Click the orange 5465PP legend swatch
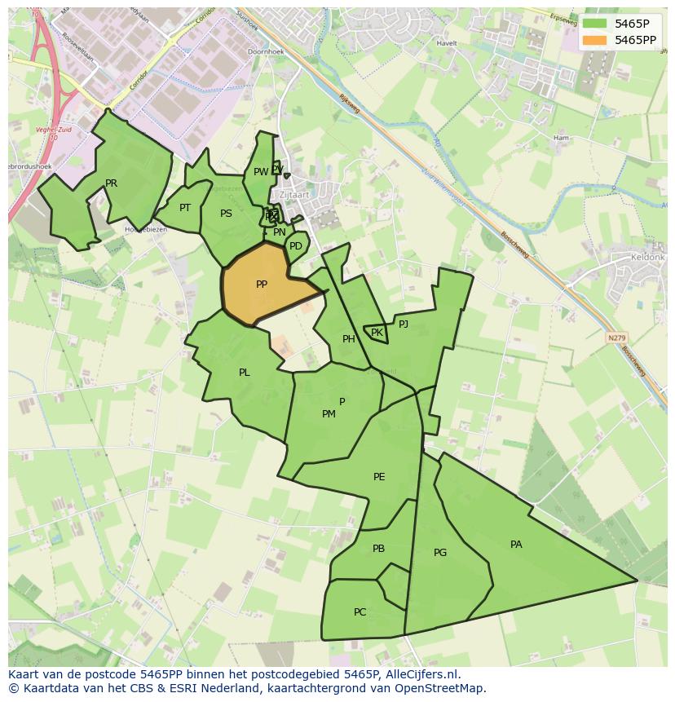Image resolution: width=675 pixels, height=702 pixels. (x=595, y=39)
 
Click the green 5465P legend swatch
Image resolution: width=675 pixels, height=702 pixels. (x=595, y=23)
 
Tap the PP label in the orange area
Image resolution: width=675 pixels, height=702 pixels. (x=262, y=285)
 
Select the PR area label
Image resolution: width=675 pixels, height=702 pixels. (x=112, y=183)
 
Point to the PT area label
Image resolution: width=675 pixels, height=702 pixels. (x=185, y=208)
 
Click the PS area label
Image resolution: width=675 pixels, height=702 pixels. (x=226, y=214)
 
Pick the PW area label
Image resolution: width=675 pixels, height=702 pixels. (x=260, y=172)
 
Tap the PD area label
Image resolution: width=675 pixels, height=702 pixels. (x=296, y=246)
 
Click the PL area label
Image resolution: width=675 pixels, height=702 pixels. (x=245, y=373)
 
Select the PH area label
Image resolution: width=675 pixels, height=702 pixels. (x=349, y=339)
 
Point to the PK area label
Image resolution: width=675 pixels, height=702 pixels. (x=377, y=333)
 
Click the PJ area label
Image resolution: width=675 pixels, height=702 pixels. (x=404, y=324)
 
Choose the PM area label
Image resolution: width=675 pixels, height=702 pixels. (x=329, y=414)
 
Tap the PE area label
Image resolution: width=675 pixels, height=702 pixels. (x=379, y=477)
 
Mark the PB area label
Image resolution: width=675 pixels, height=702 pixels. (x=378, y=549)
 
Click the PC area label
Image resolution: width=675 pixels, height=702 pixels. (x=360, y=612)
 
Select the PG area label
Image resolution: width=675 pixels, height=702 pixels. (x=440, y=553)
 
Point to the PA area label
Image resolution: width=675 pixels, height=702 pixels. (x=516, y=545)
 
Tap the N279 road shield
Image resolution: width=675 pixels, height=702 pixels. (x=616, y=338)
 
